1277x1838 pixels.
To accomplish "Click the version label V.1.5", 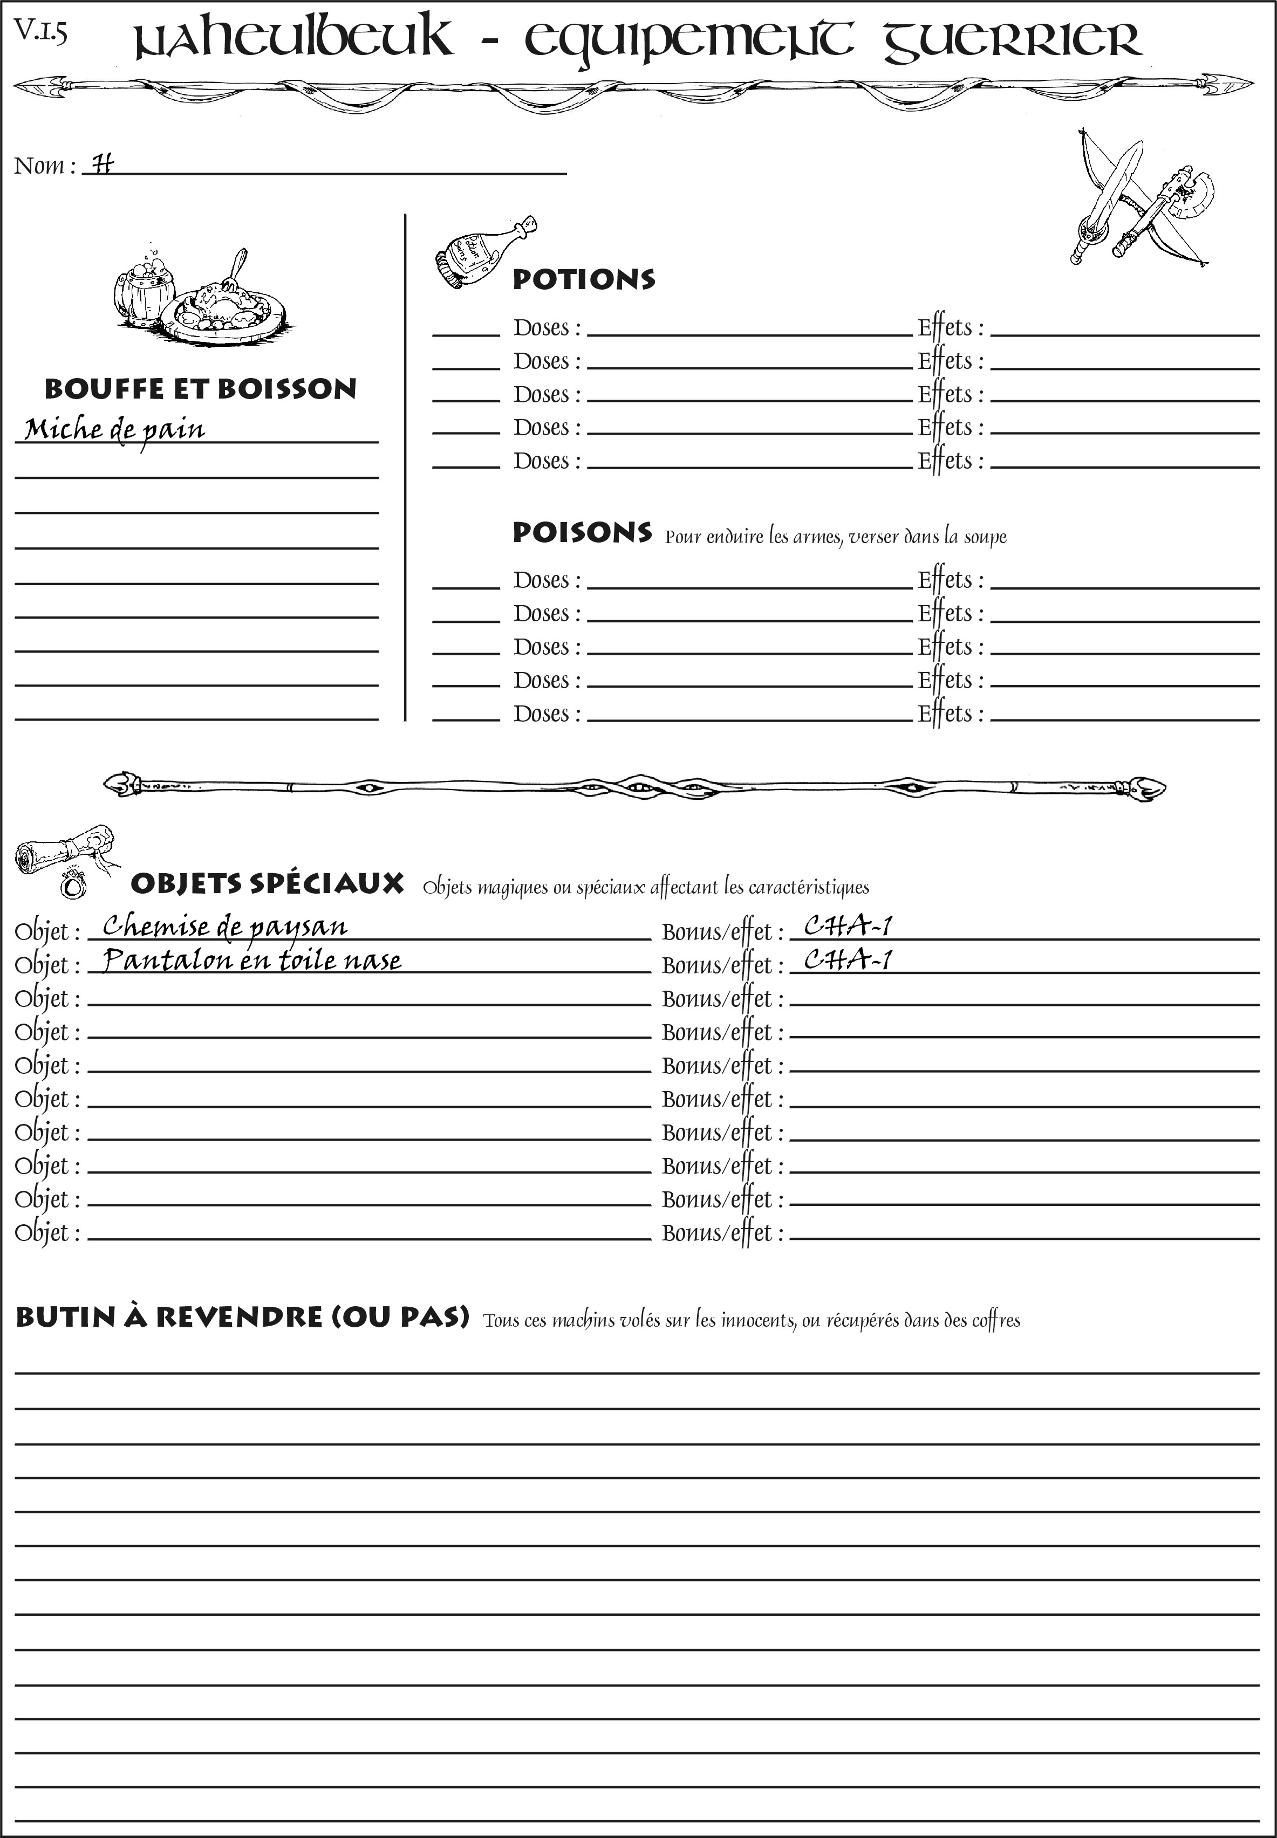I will [40, 32].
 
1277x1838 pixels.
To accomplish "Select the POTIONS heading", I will [583, 279].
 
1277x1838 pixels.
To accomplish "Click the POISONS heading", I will [582, 533].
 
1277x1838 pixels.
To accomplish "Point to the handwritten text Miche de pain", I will [114, 430].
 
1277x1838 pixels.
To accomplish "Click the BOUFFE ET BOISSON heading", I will [200, 389].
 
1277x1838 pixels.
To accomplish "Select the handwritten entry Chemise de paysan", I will [224, 926].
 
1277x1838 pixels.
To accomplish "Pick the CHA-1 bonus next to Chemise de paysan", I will [848, 925].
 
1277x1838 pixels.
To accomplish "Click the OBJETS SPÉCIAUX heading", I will [267, 884].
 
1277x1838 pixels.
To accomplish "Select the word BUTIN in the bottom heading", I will [66, 1318].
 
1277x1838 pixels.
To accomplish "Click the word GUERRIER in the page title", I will [1012, 40].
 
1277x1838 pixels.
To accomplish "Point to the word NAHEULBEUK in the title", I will [292, 40].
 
